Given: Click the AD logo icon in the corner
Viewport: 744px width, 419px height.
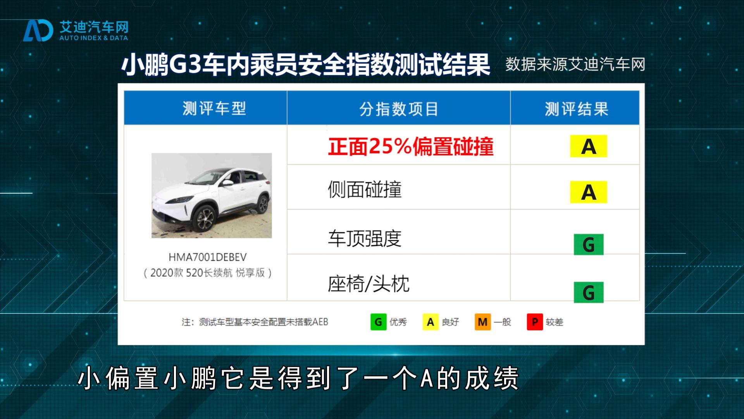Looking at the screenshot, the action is (38, 30).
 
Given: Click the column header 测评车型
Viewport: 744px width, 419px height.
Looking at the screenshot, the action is (214, 109).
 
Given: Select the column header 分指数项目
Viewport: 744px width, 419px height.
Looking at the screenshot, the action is (399, 109).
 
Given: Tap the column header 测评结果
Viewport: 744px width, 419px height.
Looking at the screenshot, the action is (577, 109).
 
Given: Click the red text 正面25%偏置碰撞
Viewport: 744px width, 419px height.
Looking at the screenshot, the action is (411, 146).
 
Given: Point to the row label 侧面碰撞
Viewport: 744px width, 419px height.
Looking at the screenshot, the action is (365, 190).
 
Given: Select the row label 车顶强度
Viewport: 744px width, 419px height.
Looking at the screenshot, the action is (365, 238).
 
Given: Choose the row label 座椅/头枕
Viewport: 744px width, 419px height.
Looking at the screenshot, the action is (369, 284).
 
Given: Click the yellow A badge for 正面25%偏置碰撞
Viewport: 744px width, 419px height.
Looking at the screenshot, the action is (588, 146).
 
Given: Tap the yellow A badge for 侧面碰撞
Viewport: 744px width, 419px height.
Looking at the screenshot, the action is (588, 192).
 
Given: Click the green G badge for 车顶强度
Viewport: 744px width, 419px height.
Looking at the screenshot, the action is (589, 244).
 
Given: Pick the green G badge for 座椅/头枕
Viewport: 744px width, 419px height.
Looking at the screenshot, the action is (589, 292).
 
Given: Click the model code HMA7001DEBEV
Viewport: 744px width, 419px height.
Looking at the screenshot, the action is (208, 257).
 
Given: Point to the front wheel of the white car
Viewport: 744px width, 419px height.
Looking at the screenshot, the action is (204, 219).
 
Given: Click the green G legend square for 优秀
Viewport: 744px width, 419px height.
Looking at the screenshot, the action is (379, 322).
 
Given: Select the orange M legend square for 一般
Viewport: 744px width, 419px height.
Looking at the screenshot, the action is (483, 322).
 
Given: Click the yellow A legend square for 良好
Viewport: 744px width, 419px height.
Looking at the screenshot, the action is (431, 322).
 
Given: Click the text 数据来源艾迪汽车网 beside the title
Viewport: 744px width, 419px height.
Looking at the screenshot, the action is (575, 64).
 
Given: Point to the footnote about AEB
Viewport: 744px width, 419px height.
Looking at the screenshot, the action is (255, 322).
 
